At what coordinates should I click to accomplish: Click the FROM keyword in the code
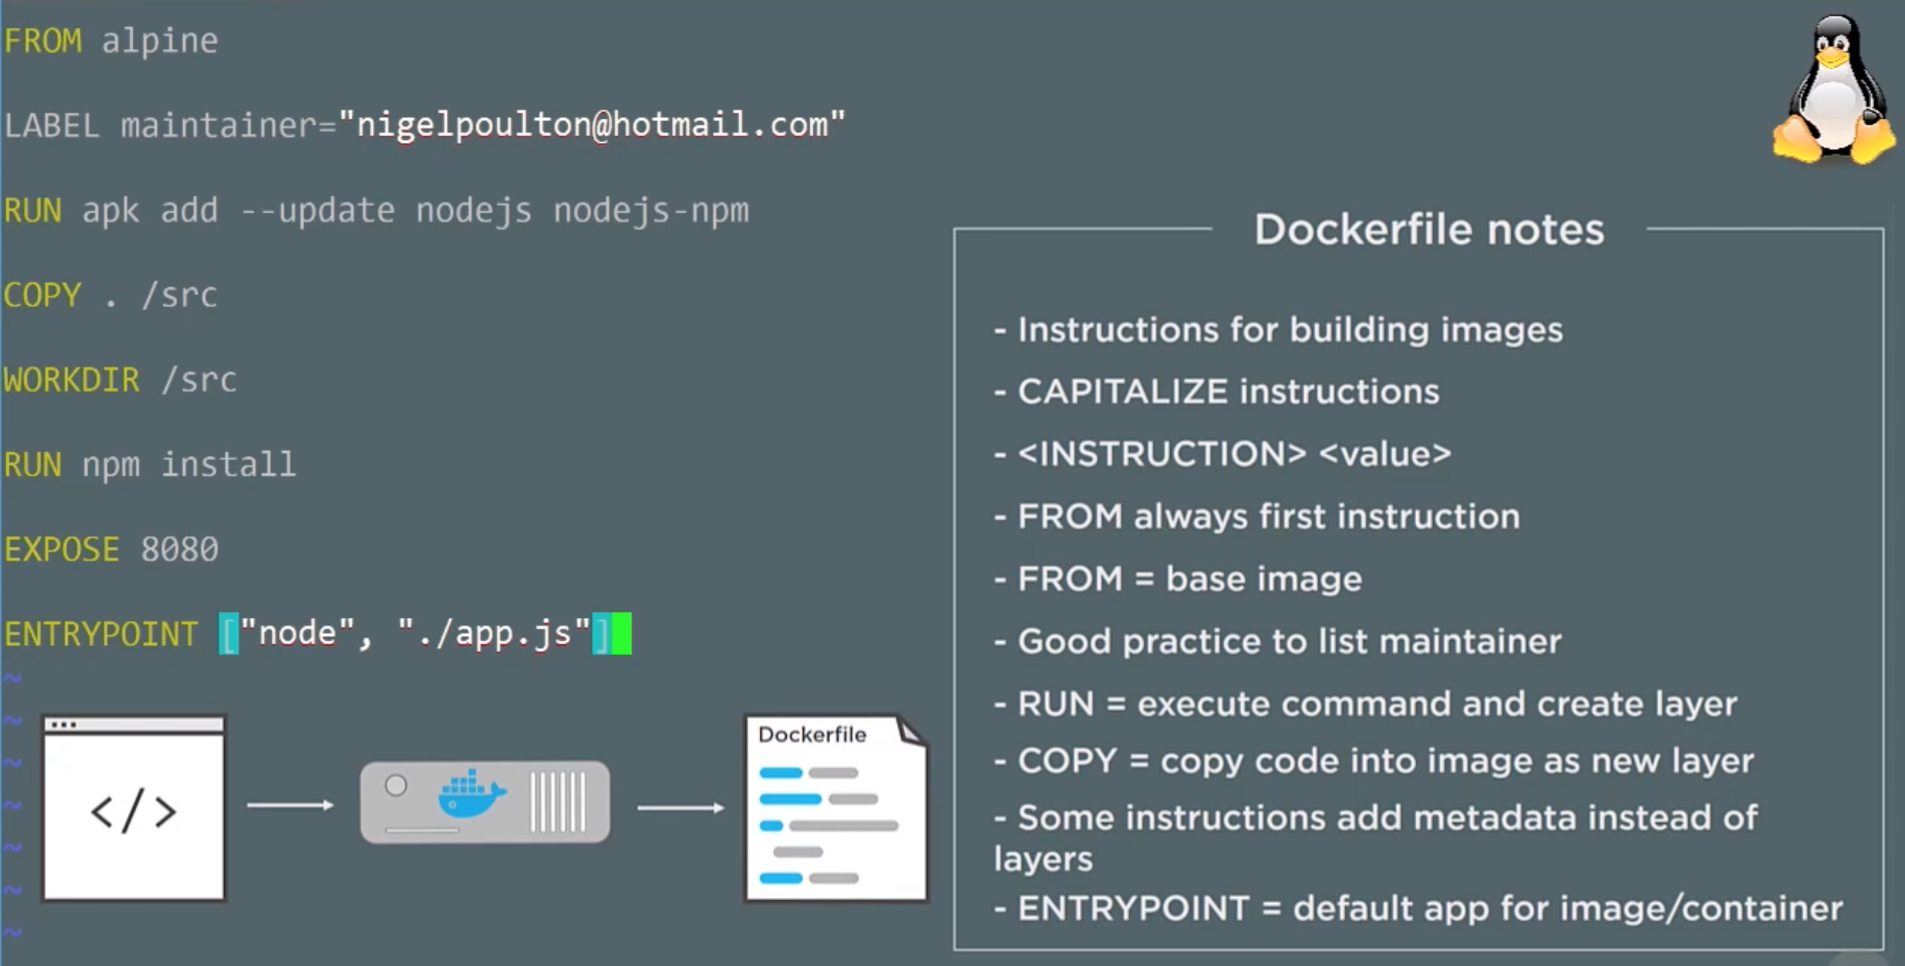pos(43,41)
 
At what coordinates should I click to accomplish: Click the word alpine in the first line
pos(160,41)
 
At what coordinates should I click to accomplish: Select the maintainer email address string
pos(591,125)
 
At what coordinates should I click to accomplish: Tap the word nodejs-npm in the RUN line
pos(651,211)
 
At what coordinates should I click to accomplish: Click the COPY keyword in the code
pos(42,295)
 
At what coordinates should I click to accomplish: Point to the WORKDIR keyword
pos(71,380)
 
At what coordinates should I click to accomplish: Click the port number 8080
pos(180,550)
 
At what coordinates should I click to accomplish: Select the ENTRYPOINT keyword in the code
pos(100,635)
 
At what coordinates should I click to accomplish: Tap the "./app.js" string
pos(494,634)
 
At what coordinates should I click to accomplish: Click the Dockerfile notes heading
pos(1429,229)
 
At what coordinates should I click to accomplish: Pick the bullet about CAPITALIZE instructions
pos(1227,391)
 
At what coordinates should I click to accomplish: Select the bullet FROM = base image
pos(1189,578)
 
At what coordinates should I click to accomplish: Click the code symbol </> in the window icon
pos(134,812)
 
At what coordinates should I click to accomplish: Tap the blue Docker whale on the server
pos(470,794)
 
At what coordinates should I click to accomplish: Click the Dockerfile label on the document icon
pos(812,734)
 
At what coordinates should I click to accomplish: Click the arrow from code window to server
pos(290,805)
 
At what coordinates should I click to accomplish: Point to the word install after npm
pos(229,465)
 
